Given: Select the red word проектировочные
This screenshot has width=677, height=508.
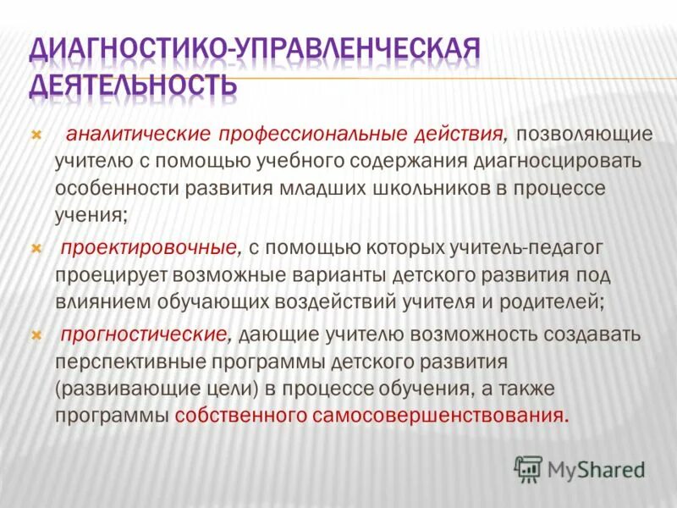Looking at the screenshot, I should [146, 249].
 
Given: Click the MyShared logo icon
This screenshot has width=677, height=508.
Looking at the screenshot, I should [529, 468].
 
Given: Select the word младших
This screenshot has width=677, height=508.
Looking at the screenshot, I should [327, 188].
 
